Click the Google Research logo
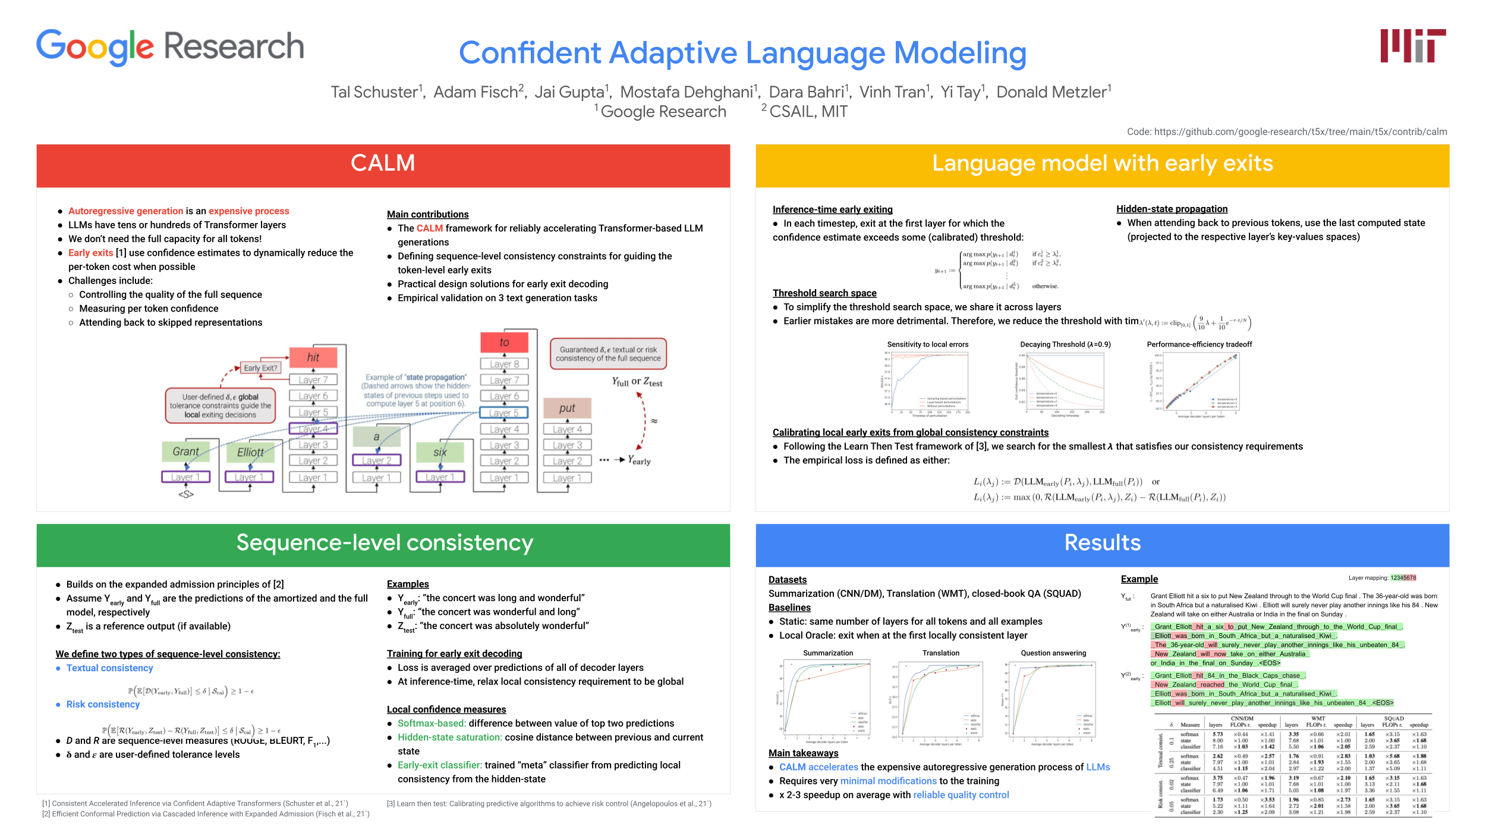(x=170, y=47)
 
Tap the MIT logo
(x=1412, y=46)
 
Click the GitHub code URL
(x=1286, y=131)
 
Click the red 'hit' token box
(x=313, y=357)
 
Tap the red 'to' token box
(x=504, y=342)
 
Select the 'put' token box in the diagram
(x=567, y=408)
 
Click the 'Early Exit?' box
(x=260, y=368)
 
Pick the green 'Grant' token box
(x=186, y=452)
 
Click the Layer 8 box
(x=504, y=364)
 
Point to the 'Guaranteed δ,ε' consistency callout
(x=608, y=354)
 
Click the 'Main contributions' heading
(x=427, y=214)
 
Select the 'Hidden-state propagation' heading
(x=1172, y=209)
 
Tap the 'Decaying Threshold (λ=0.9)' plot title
(x=1065, y=344)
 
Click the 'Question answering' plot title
(x=1053, y=653)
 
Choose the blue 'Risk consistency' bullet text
(x=103, y=704)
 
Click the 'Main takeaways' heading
(x=803, y=753)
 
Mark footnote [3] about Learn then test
(x=549, y=803)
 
